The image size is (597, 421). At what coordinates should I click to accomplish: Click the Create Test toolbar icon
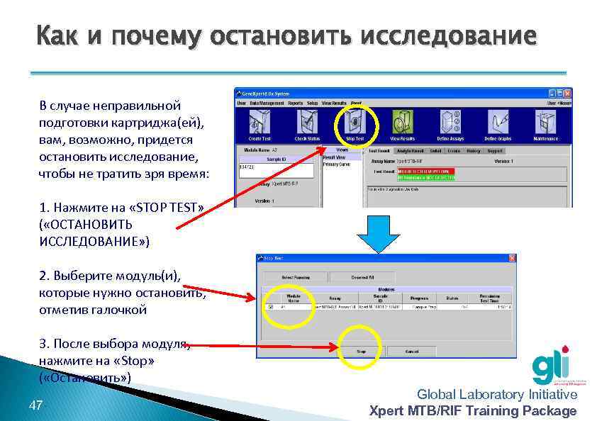259,123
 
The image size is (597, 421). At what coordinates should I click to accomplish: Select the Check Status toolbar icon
307,123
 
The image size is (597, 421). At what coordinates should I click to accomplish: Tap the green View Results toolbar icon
402,123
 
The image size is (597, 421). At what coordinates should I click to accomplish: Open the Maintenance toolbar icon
546,123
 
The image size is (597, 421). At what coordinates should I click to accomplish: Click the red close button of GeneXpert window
567,93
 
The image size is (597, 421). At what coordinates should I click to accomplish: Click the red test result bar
425,171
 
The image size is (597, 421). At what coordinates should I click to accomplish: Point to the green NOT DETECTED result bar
425,177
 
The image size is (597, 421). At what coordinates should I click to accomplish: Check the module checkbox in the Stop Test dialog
269,307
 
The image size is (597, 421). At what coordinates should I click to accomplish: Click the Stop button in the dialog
361,351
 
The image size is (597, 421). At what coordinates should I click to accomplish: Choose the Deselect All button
363,276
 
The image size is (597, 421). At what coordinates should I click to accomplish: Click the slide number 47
36,405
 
